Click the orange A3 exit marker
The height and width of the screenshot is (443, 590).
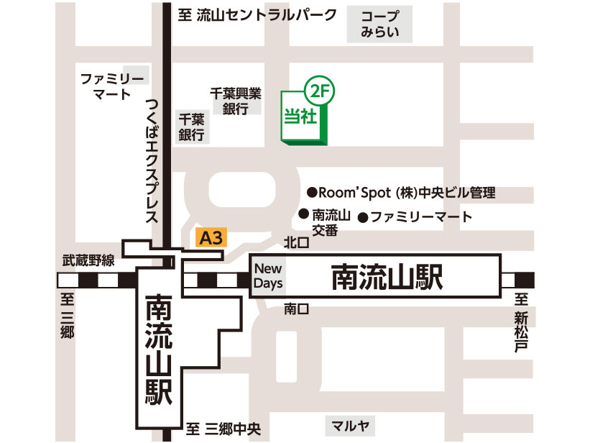211,238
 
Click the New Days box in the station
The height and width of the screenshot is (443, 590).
267,275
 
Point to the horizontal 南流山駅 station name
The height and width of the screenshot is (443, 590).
387,277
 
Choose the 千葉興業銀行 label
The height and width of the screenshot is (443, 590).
234,101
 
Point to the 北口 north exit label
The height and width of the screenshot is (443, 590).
295,243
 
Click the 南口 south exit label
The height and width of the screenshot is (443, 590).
295,309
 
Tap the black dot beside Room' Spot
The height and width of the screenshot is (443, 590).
312,193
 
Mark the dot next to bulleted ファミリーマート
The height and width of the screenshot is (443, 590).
363,216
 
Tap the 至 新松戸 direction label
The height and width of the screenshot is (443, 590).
521,323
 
